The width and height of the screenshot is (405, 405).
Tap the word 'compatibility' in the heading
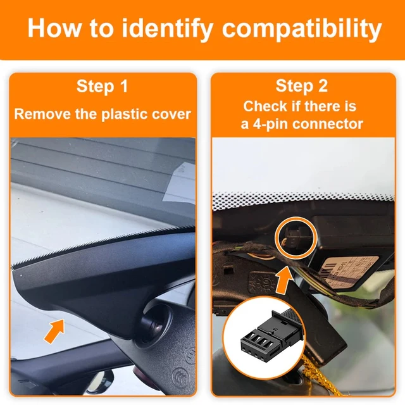click(303, 29)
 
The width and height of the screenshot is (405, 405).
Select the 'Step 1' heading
click(102, 87)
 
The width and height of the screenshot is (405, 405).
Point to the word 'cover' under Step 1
click(169, 115)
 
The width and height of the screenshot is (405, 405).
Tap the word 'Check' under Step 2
click(265, 106)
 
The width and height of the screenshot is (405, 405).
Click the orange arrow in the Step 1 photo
click(54, 331)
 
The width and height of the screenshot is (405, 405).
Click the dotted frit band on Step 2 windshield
click(304, 201)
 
